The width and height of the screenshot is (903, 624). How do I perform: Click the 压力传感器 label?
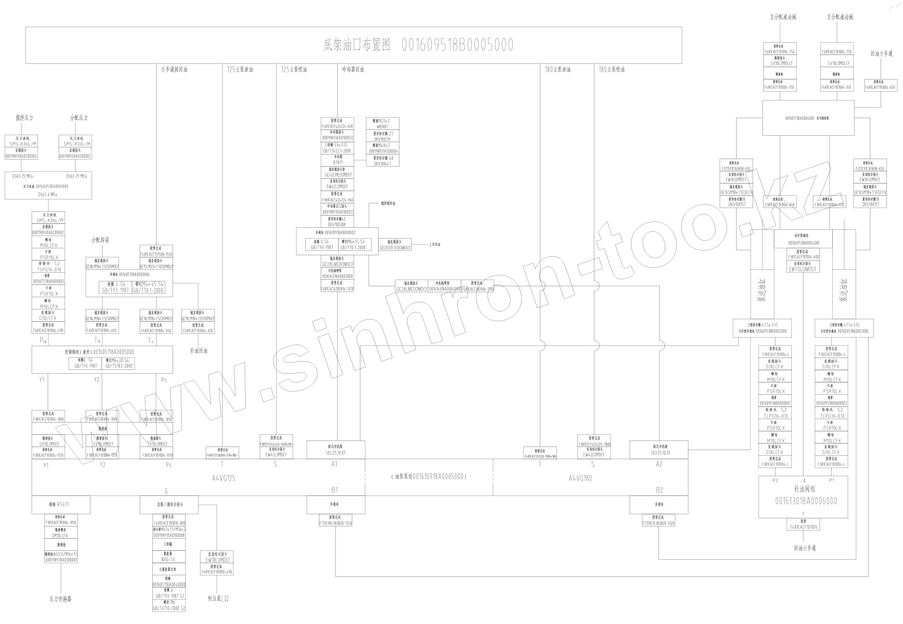click(61, 599)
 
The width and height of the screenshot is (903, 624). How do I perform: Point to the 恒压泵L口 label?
click(218, 598)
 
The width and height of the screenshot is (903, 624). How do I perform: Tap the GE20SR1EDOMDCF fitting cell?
click(395, 247)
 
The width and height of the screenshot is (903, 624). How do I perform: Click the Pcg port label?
click(43, 340)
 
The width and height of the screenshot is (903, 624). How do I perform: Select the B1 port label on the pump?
click(335, 489)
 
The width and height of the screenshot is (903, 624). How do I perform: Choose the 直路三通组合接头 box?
click(169, 504)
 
